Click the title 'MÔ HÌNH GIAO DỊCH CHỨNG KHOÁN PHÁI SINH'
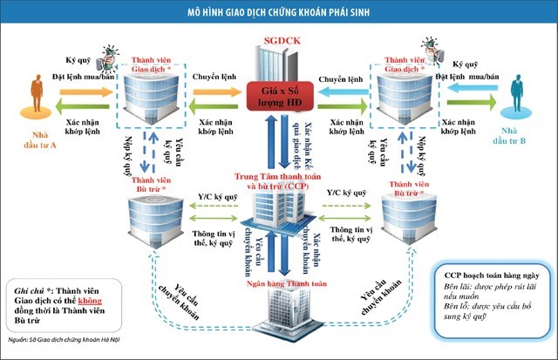tap(278, 11)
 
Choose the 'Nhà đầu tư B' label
tap(518, 139)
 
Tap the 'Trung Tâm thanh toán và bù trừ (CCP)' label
tap(277, 181)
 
